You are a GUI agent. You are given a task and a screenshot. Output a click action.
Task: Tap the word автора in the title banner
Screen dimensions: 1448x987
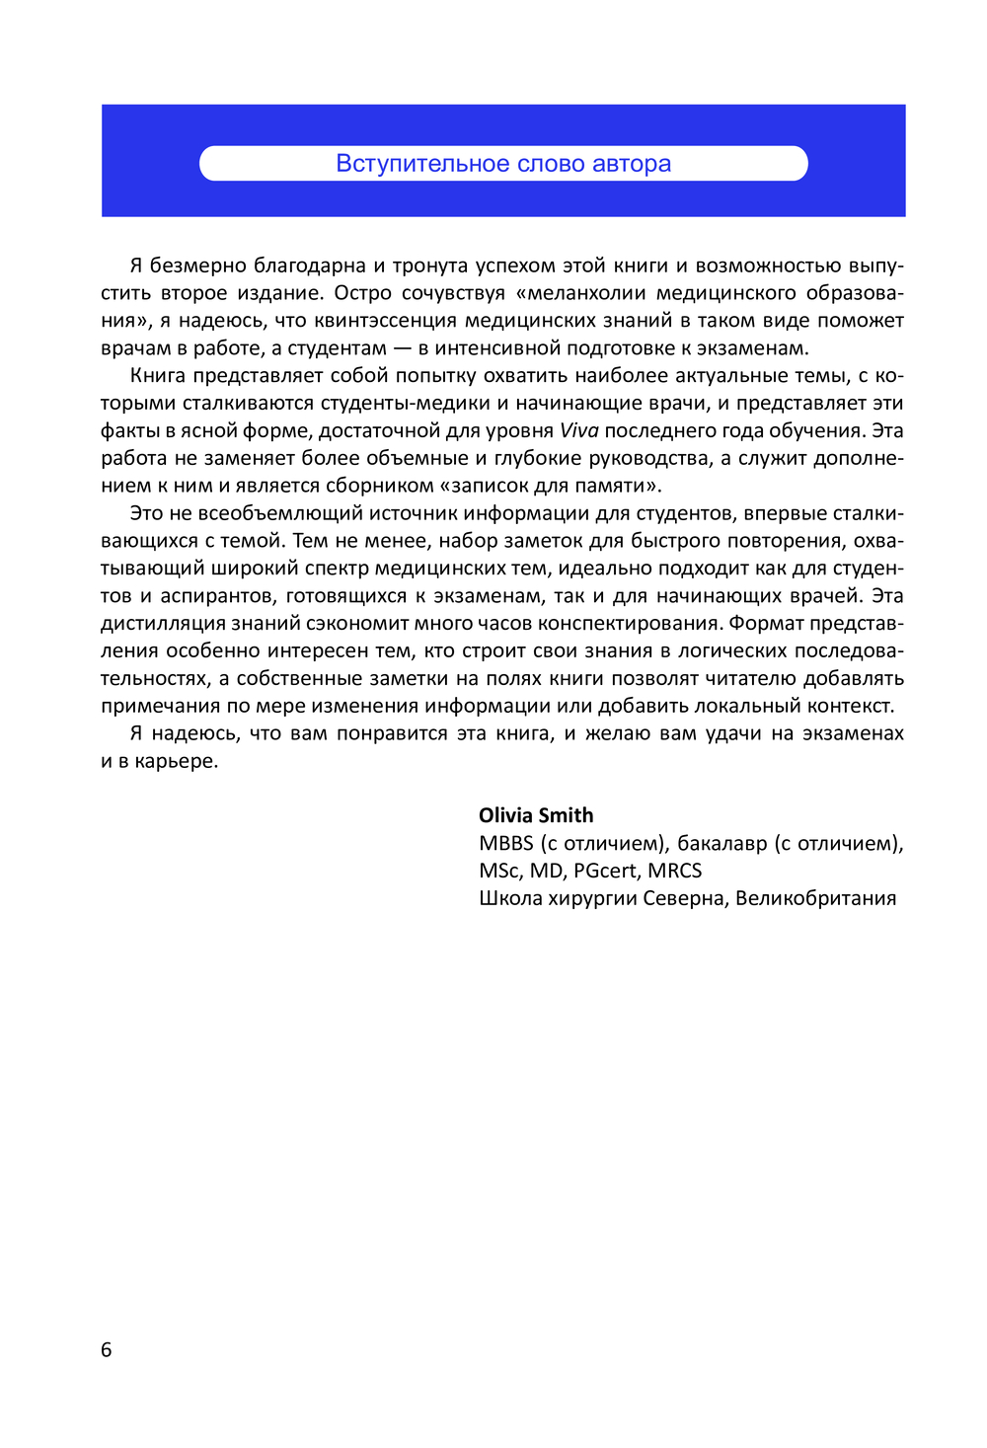point(632,164)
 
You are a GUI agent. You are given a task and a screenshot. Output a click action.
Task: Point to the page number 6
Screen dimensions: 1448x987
point(107,1349)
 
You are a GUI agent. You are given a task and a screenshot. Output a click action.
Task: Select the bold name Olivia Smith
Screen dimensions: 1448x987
point(536,815)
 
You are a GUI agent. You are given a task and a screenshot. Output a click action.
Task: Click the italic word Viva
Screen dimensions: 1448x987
point(578,430)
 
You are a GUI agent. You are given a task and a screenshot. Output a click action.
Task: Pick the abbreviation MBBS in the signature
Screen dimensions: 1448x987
point(505,843)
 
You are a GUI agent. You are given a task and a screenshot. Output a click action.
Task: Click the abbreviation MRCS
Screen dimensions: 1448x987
point(674,871)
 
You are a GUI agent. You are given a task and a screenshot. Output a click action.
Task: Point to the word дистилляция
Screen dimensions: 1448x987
point(163,623)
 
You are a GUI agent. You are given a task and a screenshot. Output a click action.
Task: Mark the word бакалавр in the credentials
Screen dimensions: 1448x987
point(721,843)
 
